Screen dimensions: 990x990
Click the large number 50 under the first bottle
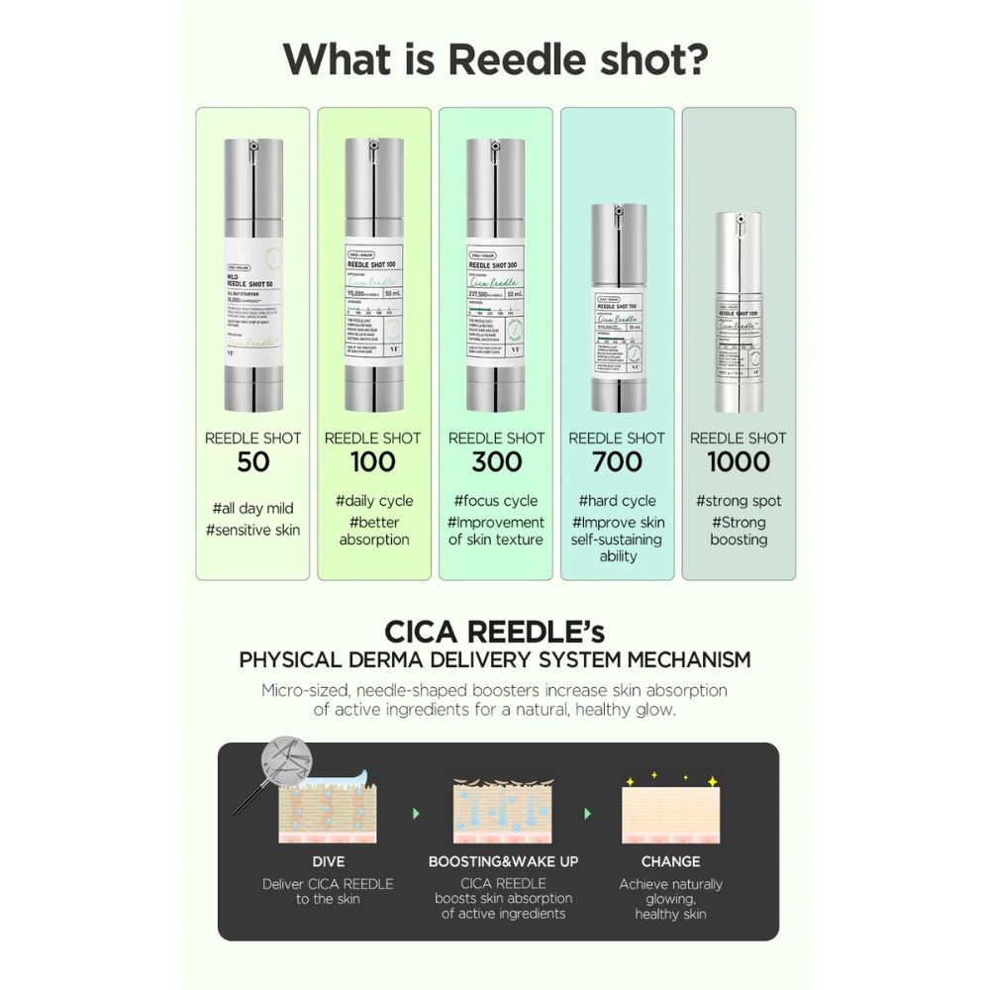tap(252, 462)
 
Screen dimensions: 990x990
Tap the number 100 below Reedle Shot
tap(373, 462)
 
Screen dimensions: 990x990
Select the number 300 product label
tap(495, 462)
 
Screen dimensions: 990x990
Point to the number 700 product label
tap(617, 462)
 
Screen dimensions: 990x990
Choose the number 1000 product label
tap(739, 462)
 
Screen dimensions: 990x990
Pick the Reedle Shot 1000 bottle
tap(738, 311)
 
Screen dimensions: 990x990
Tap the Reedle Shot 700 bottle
tap(618, 308)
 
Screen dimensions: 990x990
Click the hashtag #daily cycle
tap(374, 501)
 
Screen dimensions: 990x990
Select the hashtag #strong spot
tap(739, 501)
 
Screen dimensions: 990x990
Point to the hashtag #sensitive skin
tap(252, 530)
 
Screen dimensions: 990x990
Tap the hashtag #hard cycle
tap(618, 501)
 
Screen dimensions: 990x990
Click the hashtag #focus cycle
tap(495, 501)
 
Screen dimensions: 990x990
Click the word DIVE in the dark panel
tap(328, 861)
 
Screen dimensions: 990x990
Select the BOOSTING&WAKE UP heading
tap(503, 861)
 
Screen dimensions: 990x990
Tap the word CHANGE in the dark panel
tap(670, 861)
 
